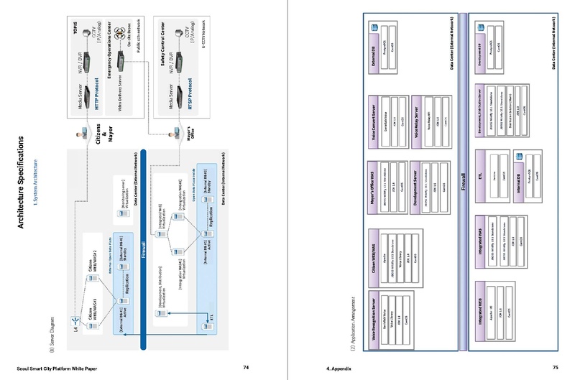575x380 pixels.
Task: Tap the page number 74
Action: point(246,367)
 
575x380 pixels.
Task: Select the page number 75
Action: point(555,367)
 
